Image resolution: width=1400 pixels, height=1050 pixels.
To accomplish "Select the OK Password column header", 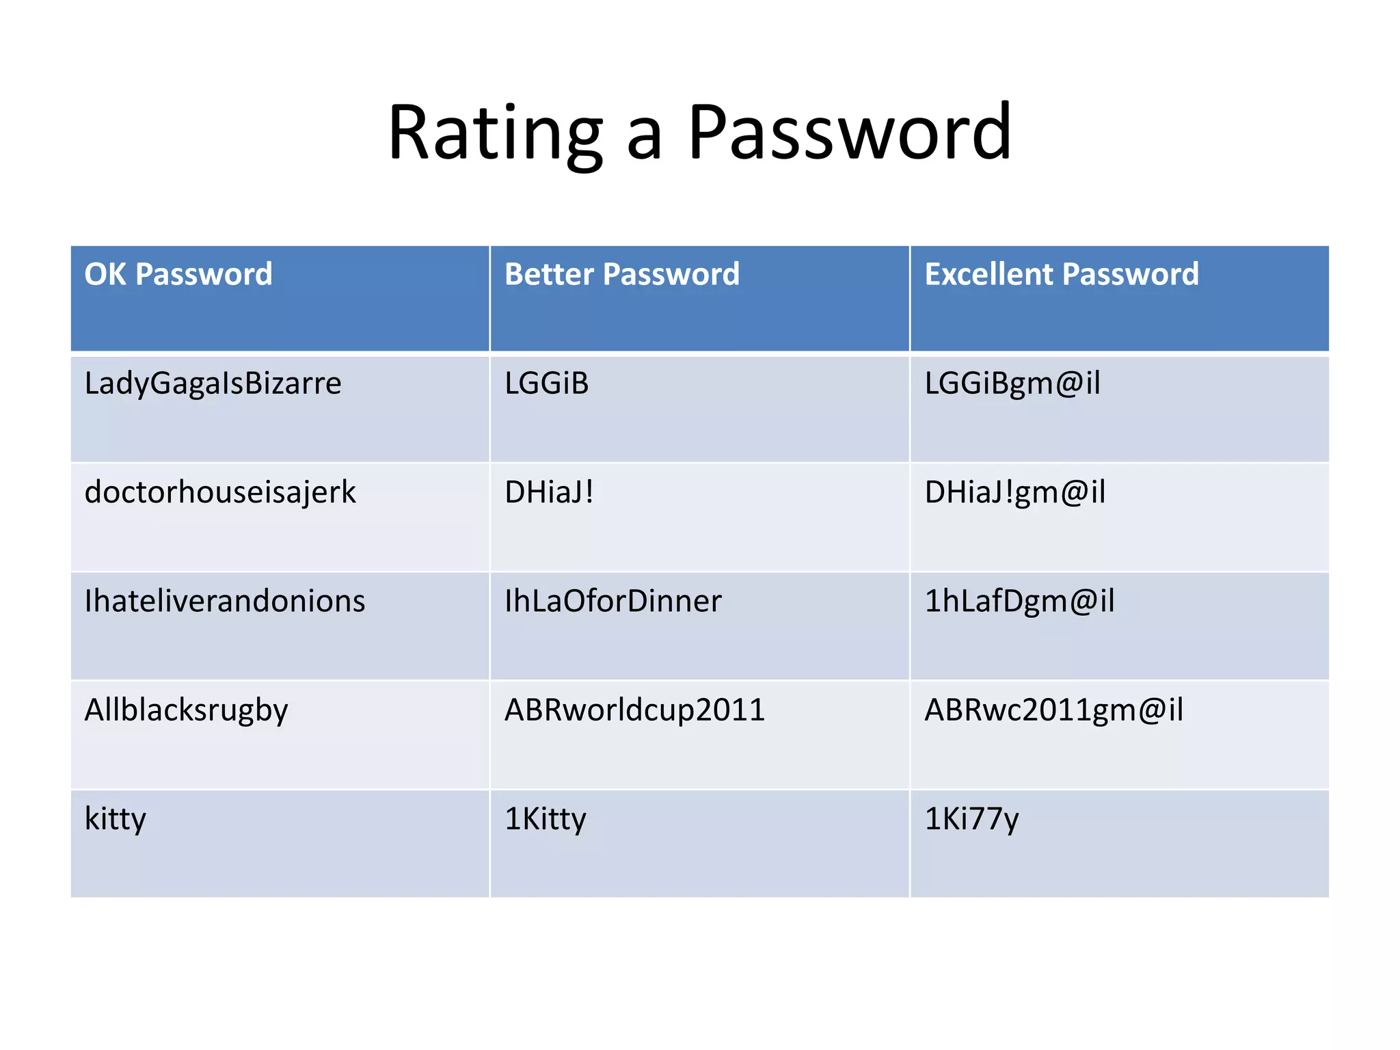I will (x=178, y=274).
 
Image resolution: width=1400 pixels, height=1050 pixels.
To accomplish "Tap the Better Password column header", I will (x=622, y=274).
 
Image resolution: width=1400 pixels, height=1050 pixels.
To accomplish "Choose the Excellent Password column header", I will (x=1062, y=274).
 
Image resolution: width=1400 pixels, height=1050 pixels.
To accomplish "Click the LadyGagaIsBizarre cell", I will (x=213, y=383).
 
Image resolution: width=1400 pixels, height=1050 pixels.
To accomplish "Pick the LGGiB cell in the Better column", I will (x=547, y=383).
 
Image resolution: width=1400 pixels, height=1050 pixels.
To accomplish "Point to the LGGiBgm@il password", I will (x=1012, y=383).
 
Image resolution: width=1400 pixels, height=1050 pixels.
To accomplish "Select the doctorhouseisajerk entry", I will (x=220, y=492).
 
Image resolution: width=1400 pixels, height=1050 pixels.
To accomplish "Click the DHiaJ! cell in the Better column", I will (x=550, y=492).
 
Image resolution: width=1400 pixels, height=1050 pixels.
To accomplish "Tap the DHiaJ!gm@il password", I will (x=1015, y=492).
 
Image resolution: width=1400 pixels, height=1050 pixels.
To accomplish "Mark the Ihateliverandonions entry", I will (x=225, y=601).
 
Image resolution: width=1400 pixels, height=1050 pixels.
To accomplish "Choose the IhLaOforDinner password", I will (x=613, y=601).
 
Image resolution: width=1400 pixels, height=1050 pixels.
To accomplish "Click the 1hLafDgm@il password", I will (x=1019, y=601).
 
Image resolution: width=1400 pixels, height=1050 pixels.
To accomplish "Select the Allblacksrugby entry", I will (x=186, y=710).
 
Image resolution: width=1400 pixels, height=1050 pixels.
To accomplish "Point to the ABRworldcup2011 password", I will (x=634, y=710).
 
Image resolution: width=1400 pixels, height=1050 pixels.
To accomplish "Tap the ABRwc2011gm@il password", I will (x=1053, y=710).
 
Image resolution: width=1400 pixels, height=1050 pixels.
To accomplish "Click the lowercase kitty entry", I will (x=116, y=819).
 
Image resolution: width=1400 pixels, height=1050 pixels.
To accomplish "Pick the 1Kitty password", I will (x=546, y=819).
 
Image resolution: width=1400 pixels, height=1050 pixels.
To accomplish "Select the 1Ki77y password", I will (x=971, y=819).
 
